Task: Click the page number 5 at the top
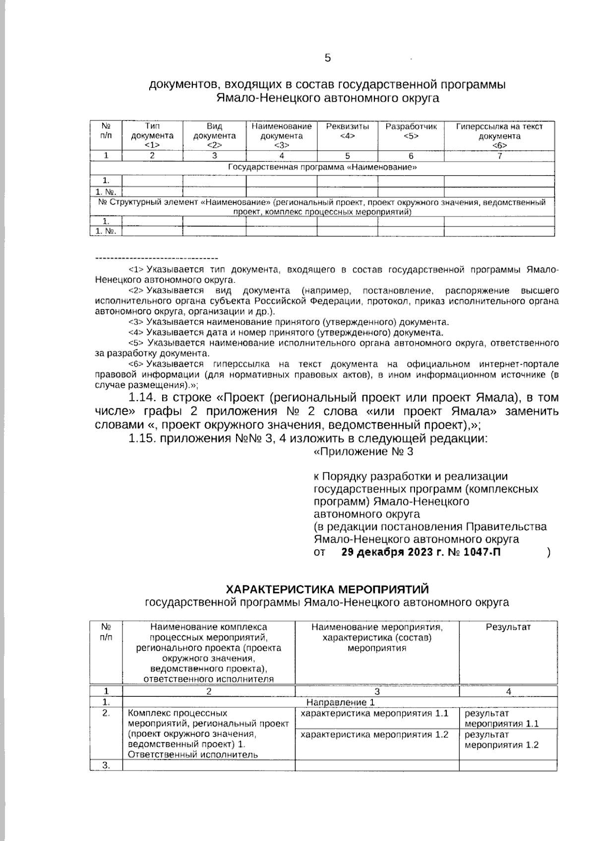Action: coord(328,58)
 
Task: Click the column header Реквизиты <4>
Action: coord(347,131)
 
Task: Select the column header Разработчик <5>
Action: coord(411,131)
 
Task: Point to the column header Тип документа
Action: coord(152,135)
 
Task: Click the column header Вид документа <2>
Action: coord(214,135)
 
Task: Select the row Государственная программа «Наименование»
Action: coord(322,168)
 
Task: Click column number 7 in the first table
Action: coord(499,156)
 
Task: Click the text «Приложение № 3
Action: coord(363,451)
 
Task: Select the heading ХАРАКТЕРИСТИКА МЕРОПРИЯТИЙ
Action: coord(327,589)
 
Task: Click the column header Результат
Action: coord(508,627)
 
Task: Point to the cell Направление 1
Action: coord(340,702)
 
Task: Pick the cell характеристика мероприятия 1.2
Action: coord(375,734)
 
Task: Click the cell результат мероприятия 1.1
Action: coord(501,719)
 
